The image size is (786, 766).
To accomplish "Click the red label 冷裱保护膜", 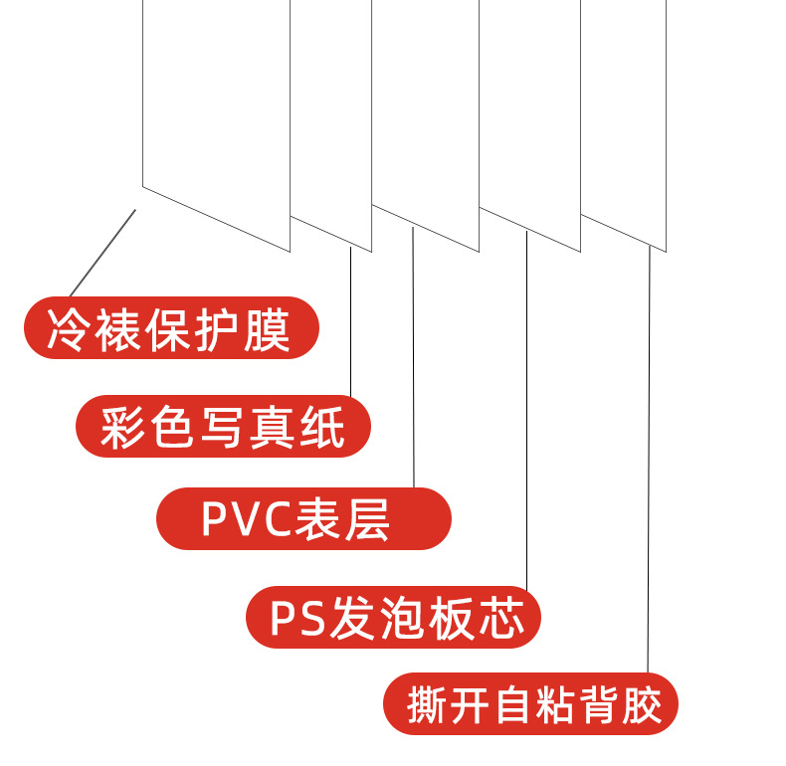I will (x=170, y=327).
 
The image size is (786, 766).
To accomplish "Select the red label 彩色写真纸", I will (x=223, y=427).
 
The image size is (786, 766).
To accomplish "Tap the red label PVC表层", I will (x=303, y=518).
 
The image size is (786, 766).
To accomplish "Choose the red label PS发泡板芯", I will (x=393, y=618).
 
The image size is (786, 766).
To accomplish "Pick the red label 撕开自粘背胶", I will (x=530, y=705).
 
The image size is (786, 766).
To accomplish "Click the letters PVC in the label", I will (x=243, y=519).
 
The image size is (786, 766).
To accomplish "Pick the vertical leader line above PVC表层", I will (x=413, y=358).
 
